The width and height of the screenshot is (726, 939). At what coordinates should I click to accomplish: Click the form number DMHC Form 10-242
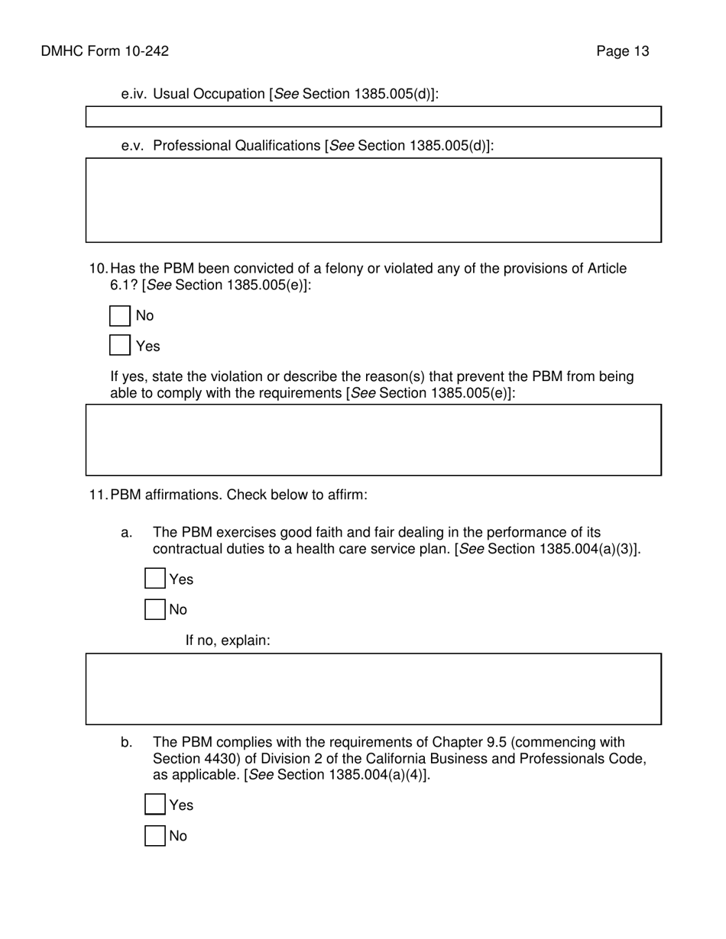click(x=105, y=51)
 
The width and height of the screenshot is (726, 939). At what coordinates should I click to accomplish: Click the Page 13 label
click(x=623, y=51)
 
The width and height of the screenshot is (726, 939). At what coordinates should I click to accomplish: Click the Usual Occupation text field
click(x=373, y=117)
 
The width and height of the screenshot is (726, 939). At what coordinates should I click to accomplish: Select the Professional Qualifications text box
click(x=373, y=200)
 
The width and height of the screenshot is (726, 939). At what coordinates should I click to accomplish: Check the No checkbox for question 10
click(x=120, y=316)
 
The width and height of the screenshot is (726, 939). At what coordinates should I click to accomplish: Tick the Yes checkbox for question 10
click(x=120, y=346)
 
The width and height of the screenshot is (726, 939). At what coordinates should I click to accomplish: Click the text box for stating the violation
click(x=373, y=440)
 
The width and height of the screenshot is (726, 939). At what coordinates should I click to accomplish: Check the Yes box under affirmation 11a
click(x=155, y=579)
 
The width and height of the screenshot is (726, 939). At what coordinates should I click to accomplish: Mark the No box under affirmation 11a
click(x=155, y=609)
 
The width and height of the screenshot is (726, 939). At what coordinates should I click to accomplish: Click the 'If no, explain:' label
click(x=228, y=641)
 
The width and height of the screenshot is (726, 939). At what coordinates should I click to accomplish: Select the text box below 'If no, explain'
click(x=373, y=689)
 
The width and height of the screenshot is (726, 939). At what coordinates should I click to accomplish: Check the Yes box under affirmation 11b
click(x=155, y=805)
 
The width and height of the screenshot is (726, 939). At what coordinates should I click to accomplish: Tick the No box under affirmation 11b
click(x=155, y=836)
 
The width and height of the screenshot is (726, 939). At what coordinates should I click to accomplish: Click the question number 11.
click(x=99, y=495)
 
